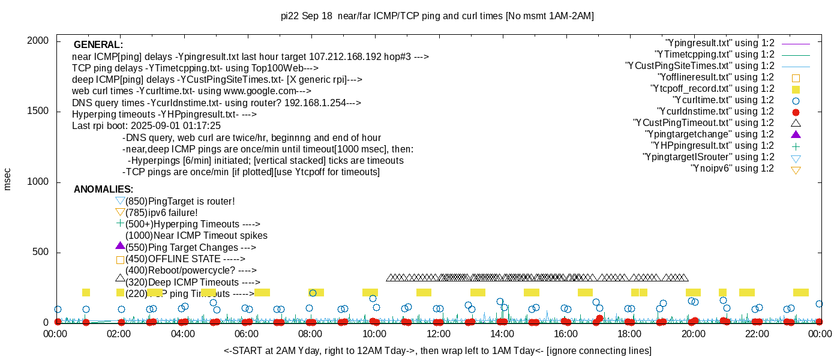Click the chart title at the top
(x=437, y=16)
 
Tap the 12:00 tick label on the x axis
(x=438, y=335)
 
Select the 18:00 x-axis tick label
(x=629, y=335)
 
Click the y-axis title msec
(x=8, y=179)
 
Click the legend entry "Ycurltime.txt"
(x=724, y=100)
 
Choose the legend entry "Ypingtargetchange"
(x=710, y=134)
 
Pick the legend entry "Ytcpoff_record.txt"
(x=712, y=89)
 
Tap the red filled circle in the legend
(x=796, y=112)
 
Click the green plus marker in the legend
(x=796, y=146)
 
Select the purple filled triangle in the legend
(x=796, y=134)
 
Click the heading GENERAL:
(x=98, y=45)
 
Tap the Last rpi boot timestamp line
(x=146, y=126)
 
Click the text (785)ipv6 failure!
(x=161, y=212)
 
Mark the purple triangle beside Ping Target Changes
(x=120, y=246)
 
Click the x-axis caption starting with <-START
(x=437, y=350)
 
